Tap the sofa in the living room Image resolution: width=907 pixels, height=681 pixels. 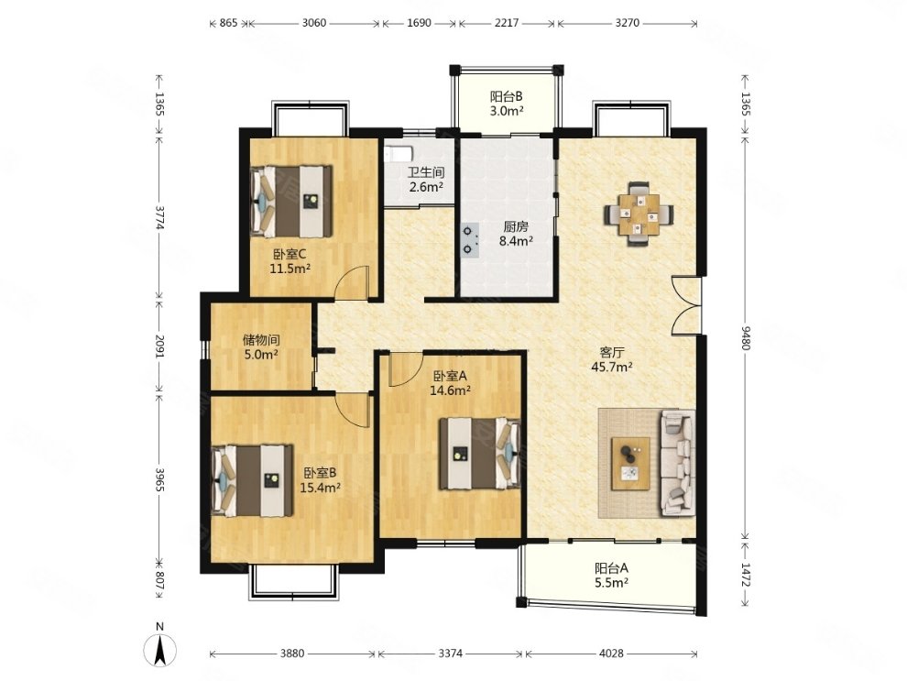point(677,462)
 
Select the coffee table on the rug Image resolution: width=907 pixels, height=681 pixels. point(630,464)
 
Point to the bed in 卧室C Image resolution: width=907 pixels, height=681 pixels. point(291,201)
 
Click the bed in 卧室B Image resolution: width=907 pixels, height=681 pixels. point(252,479)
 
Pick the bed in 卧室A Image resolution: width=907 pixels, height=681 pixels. point(480,453)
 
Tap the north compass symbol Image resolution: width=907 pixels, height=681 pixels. point(160,647)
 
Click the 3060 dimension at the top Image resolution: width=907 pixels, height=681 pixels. point(314,23)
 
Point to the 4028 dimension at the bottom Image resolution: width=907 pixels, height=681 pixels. point(611,654)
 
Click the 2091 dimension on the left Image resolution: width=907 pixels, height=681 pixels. point(159,346)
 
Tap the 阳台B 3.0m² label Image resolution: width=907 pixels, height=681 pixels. point(507,104)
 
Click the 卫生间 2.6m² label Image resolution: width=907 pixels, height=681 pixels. point(426,180)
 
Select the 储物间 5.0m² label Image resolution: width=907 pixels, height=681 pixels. point(261,346)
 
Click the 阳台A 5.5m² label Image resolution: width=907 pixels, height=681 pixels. point(611,576)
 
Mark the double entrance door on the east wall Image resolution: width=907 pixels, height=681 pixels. point(687,305)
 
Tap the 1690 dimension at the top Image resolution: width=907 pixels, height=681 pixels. point(420,23)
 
